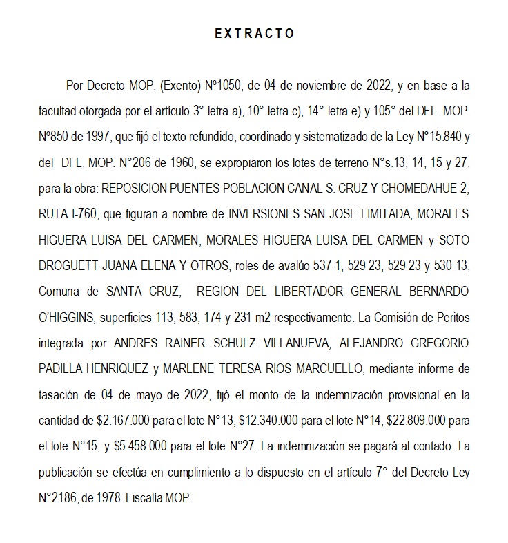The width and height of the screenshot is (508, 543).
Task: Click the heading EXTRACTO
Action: click(254, 33)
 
